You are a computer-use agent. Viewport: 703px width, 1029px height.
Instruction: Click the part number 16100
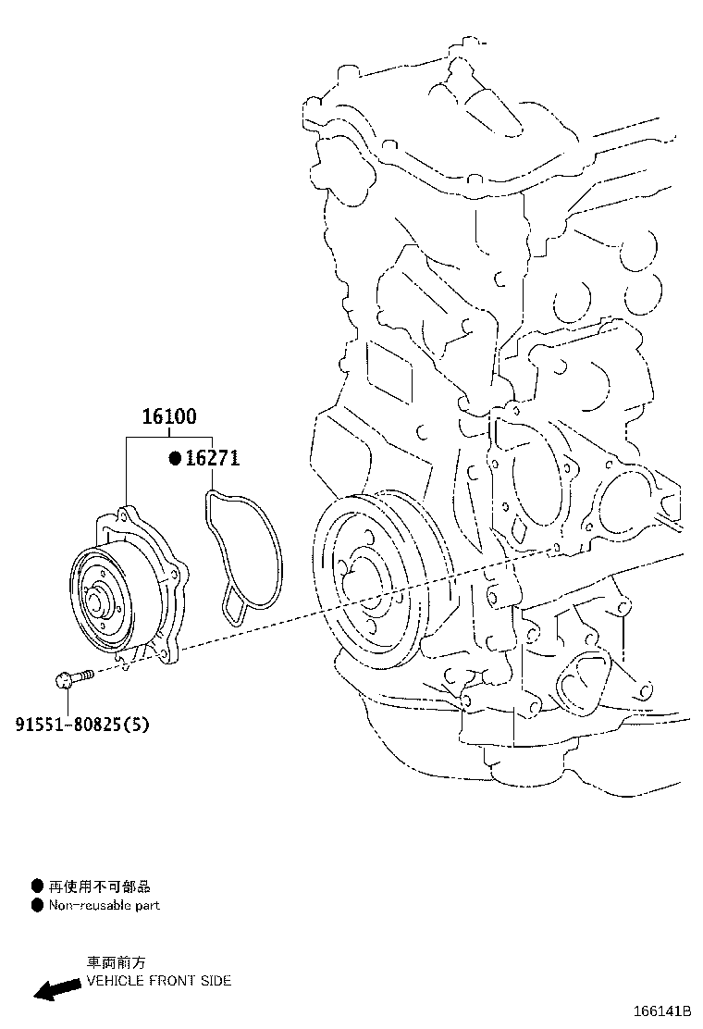168,417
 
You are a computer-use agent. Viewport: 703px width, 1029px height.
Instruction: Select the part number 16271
212,458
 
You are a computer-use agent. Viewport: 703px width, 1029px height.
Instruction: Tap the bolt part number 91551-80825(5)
81,725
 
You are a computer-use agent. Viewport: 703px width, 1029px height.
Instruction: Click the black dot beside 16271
174,458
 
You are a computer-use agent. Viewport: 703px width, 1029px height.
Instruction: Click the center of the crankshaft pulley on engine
356,585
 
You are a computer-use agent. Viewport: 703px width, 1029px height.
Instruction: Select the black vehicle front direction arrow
56,989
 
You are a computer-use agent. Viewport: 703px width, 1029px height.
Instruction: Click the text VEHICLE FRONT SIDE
158,980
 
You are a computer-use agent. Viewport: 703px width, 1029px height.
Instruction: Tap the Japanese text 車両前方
116,962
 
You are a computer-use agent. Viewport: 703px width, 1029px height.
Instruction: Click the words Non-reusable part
104,905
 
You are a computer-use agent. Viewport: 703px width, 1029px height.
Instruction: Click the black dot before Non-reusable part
37,905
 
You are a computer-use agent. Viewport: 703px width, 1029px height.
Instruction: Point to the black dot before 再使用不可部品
37,886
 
